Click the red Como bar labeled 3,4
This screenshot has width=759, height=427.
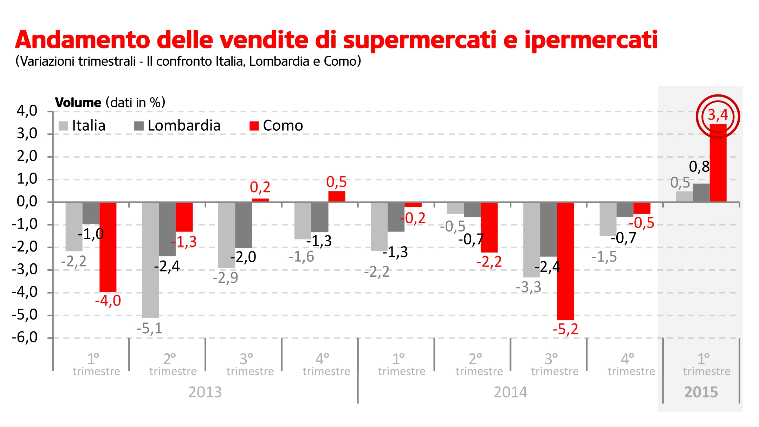[x=718, y=163]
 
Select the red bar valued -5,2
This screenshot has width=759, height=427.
[x=565, y=261]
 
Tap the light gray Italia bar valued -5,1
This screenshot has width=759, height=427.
[x=150, y=260]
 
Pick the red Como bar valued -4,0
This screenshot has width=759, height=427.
[x=108, y=247]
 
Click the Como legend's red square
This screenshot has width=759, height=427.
[x=254, y=126]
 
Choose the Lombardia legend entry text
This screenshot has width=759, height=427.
[x=184, y=126]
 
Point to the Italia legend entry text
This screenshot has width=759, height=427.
[x=89, y=126]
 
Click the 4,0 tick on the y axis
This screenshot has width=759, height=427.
[x=27, y=111]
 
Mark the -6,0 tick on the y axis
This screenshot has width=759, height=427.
[x=25, y=337]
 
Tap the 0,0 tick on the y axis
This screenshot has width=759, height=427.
[x=27, y=202]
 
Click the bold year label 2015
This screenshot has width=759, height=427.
[x=701, y=392]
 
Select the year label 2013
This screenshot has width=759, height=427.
[x=205, y=392]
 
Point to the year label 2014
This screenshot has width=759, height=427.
[x=510, y=392]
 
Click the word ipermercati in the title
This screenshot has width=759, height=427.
[x=591, y=40]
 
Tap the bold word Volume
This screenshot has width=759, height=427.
[x=78, y=103]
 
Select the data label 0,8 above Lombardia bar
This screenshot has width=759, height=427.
[x=699, y=167]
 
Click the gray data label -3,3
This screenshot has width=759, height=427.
[x=528, y=287]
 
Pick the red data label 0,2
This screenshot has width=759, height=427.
[x=260, y=187]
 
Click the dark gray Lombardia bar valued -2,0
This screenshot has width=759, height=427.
[x=244, y=225]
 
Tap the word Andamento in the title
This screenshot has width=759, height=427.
[x=83, y=39]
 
